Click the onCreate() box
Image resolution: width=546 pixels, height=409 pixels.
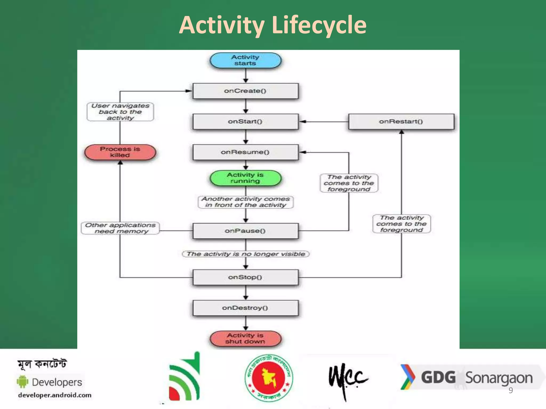[x=245, y=91]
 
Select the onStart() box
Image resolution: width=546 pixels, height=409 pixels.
[x=245, y=122]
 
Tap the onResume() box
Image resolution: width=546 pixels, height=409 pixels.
[x=245, y=152]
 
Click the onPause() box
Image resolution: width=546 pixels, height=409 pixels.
[x=245, y=231]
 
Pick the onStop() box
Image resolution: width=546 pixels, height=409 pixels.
[x=245, y=277]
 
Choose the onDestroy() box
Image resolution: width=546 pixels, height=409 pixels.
[x=245, y=308]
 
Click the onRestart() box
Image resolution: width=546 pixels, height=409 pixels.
[x=401, y=122]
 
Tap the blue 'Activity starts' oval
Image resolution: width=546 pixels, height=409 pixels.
[x=245, y=60]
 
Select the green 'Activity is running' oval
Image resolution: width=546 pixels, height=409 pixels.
[x=245, y=178]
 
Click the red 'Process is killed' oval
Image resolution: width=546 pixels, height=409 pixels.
[x=120, y=152]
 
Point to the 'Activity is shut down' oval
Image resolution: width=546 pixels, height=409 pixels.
[x=245, y=339]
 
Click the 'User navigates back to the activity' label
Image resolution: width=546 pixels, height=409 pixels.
[x=120, y=112]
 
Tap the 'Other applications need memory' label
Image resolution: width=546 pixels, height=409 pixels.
[x=120, y=228]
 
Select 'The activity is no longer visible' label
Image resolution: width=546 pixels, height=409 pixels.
[x=245, y=254]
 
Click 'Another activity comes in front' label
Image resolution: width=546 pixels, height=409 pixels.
[x=245, y=202]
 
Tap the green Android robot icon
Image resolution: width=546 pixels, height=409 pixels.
[x=23, y=382]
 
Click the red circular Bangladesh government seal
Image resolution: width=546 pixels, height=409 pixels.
[x=269, y=378]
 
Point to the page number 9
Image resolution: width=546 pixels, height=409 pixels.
[x=511, y=390]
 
